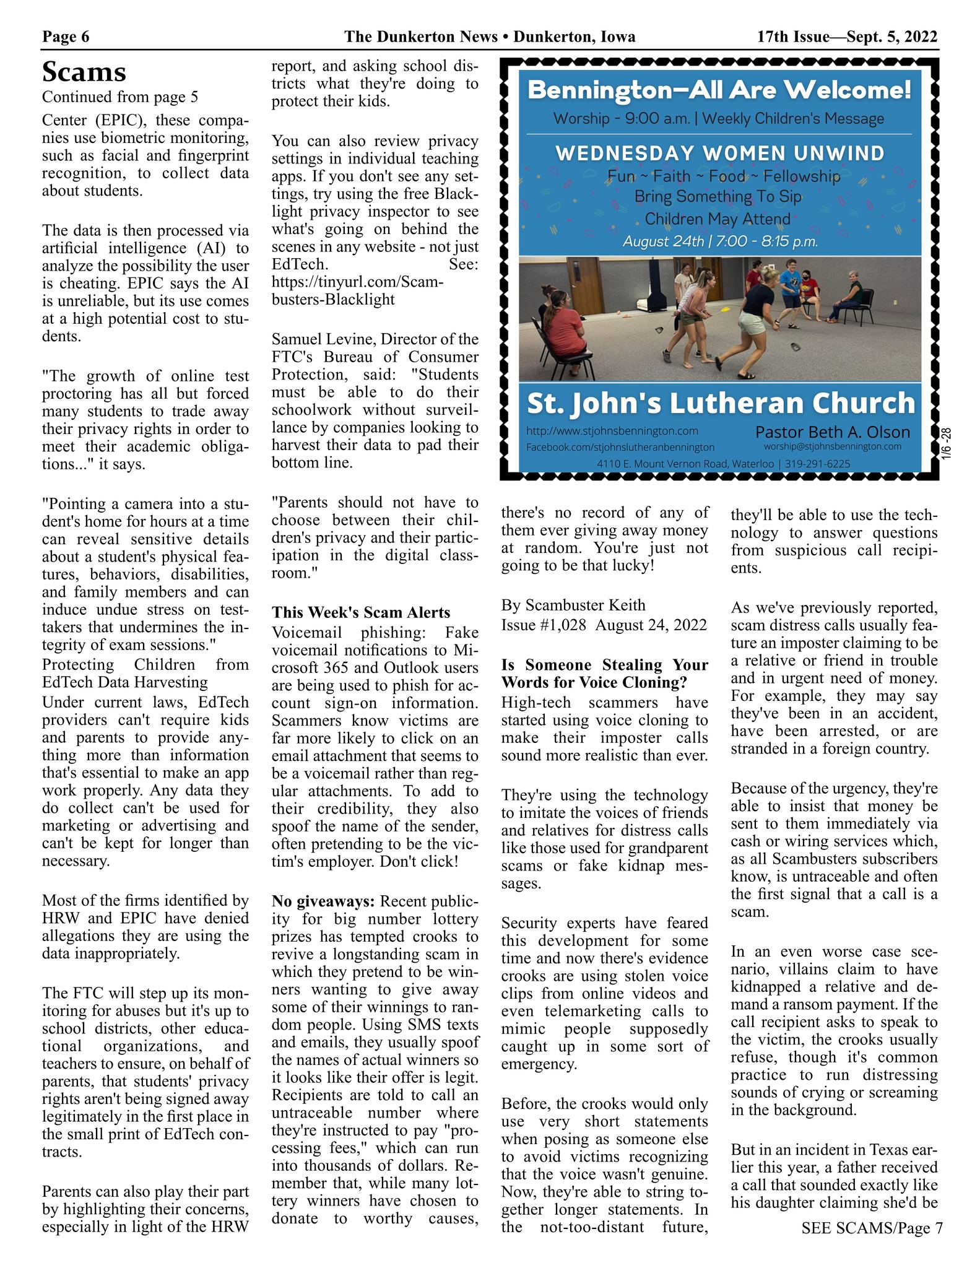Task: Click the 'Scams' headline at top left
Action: (84, 72)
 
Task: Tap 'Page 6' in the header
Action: (66, 37)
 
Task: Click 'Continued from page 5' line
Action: (120, 97)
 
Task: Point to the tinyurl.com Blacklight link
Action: (357, 290)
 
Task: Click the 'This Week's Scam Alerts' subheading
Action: (361, 612)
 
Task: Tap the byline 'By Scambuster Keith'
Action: (573, 605)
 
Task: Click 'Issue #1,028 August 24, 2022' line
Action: (604, 625)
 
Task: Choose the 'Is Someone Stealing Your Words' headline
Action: (604, 673)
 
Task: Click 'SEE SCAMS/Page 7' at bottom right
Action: (872, 1228)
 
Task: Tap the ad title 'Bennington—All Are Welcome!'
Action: (719, 90)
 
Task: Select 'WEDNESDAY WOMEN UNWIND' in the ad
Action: (719, 153)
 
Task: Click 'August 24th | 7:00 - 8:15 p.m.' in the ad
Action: (720, 241)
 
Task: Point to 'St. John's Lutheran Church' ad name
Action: (720, 403)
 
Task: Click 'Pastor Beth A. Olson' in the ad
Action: (833, 432)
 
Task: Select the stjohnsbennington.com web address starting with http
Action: (612, 431)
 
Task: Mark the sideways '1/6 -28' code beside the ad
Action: (947, 443)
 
